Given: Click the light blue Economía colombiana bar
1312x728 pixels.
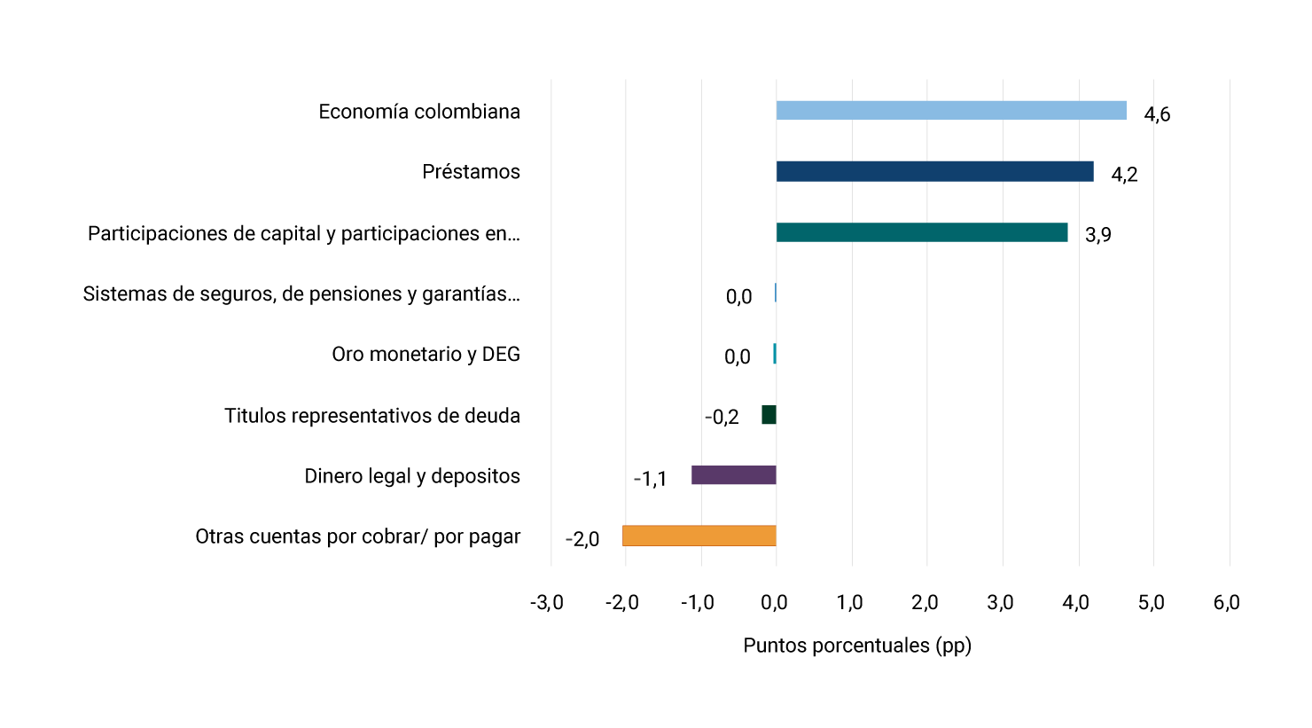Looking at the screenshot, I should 951,111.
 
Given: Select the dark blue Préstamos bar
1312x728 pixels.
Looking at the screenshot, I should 934,171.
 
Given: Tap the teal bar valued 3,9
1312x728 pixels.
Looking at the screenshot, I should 922,232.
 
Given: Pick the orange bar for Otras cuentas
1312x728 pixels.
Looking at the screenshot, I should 699,536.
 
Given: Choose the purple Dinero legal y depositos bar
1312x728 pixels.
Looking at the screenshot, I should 734,475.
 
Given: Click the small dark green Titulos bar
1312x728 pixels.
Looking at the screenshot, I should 769,414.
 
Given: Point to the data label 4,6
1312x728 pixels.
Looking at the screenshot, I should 1157,114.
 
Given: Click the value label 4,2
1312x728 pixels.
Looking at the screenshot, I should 1124,175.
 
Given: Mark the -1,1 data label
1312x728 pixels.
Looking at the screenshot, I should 650,480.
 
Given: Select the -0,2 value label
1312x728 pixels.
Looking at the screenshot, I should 722,418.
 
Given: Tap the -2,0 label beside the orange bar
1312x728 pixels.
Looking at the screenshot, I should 582,539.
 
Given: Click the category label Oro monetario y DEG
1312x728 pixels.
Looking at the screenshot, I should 426,355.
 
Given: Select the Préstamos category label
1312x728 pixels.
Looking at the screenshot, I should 471,172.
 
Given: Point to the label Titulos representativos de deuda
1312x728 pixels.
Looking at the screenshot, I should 372,416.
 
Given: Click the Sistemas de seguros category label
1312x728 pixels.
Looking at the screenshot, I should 301,294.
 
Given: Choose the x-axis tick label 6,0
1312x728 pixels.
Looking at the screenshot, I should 1227,603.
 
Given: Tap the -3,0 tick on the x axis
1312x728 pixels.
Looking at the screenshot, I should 547,603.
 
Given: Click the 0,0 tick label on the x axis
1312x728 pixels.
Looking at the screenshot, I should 774,603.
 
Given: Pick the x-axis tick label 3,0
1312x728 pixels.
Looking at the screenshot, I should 1001,603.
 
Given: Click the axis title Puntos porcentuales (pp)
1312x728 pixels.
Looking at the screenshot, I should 857,646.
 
